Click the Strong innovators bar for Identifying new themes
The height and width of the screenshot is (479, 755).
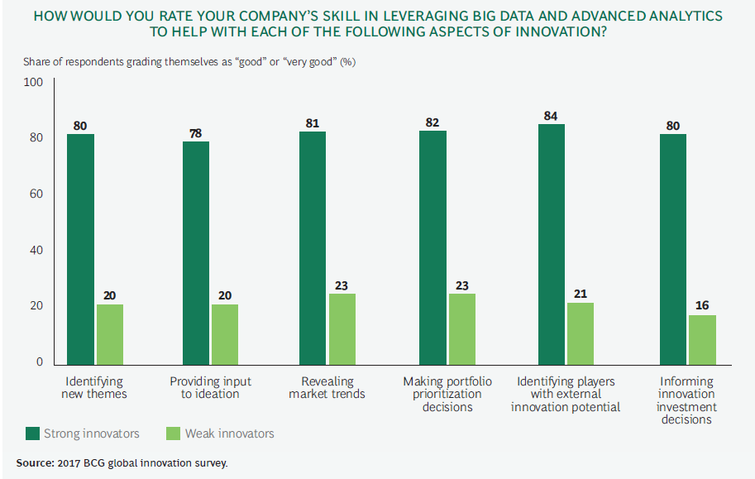80,248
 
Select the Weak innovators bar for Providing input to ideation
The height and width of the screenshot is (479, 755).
225,334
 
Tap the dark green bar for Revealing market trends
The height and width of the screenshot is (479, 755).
313,248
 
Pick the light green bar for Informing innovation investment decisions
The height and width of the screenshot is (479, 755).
702,339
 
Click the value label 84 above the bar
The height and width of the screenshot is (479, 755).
551,115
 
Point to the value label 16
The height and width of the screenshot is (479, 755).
702,305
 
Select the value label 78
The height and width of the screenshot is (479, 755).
196,132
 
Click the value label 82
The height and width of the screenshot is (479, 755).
432,122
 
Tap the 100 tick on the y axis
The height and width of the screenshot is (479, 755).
33,82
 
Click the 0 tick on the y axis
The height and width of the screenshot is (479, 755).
38,362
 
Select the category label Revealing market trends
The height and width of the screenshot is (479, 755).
327,387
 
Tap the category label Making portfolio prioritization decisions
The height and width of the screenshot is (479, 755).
447,394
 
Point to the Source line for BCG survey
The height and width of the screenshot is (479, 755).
122,462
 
